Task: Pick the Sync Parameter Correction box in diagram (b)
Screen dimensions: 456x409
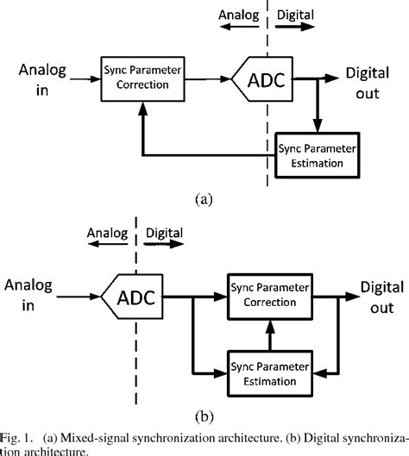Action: coord(272,297)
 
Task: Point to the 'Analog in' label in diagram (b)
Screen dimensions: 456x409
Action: coord(30,297)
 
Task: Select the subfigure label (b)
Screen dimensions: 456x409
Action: coord(204,416)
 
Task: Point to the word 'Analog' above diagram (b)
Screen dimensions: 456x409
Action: coord(109,233)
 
